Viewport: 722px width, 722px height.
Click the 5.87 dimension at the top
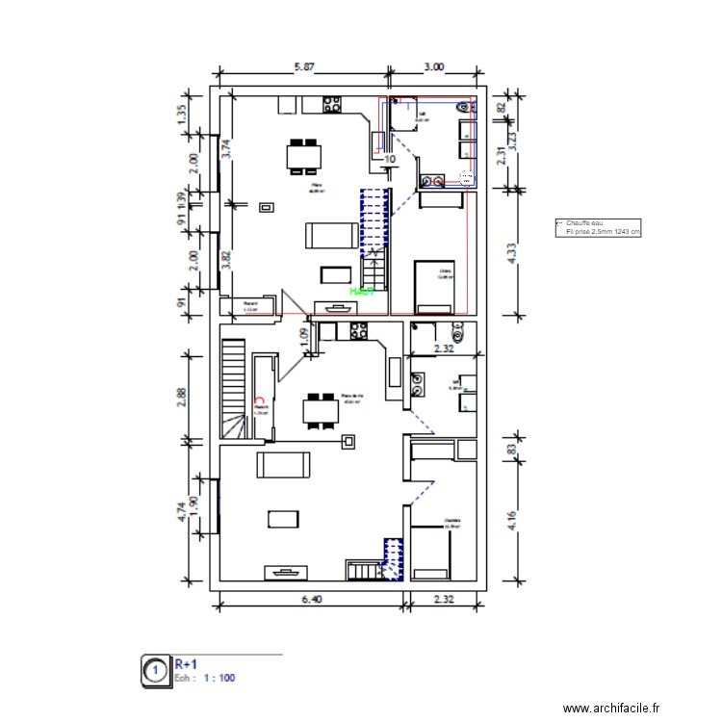[x=304, y=67]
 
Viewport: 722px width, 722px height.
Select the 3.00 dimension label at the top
[x=434, y=67]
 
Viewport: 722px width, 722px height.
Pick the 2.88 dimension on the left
[x=182, y=397]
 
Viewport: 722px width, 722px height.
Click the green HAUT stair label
[x=362, y=289]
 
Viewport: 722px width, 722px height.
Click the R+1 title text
[x=186, y=663]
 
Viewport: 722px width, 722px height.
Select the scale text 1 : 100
[x=218, y=678]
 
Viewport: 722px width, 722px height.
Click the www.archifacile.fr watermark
[x=612, y=708]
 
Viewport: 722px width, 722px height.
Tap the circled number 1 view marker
[x=153, y=670]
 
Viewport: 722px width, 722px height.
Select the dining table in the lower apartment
[x=318, y=411]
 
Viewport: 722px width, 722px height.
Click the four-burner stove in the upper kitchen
[x=334, y=103]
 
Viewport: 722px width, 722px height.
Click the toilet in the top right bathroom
[x=468, y=177]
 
